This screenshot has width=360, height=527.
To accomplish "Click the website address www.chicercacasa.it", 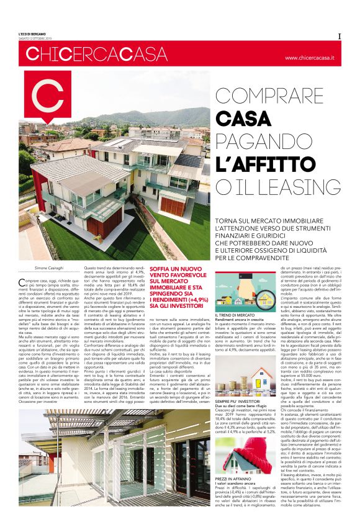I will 309,58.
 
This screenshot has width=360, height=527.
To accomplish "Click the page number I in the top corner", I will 340,35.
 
